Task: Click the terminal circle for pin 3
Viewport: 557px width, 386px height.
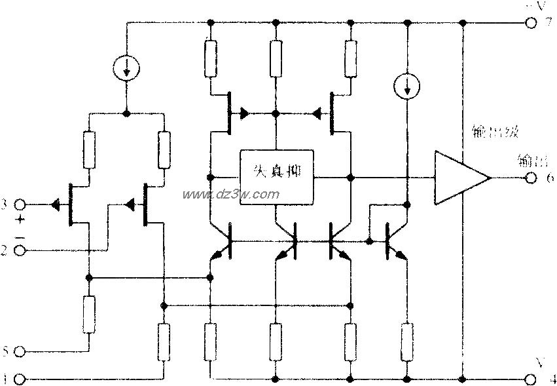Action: click(20, 205)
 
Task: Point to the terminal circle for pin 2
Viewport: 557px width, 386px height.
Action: click(20, 250)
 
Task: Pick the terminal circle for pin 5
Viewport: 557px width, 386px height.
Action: click(20, 352)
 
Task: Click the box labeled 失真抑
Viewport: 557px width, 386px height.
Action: click(276, 178)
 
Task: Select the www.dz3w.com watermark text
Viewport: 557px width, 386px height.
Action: click(231, 195)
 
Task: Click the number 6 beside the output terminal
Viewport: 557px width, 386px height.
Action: click(548, 180)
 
